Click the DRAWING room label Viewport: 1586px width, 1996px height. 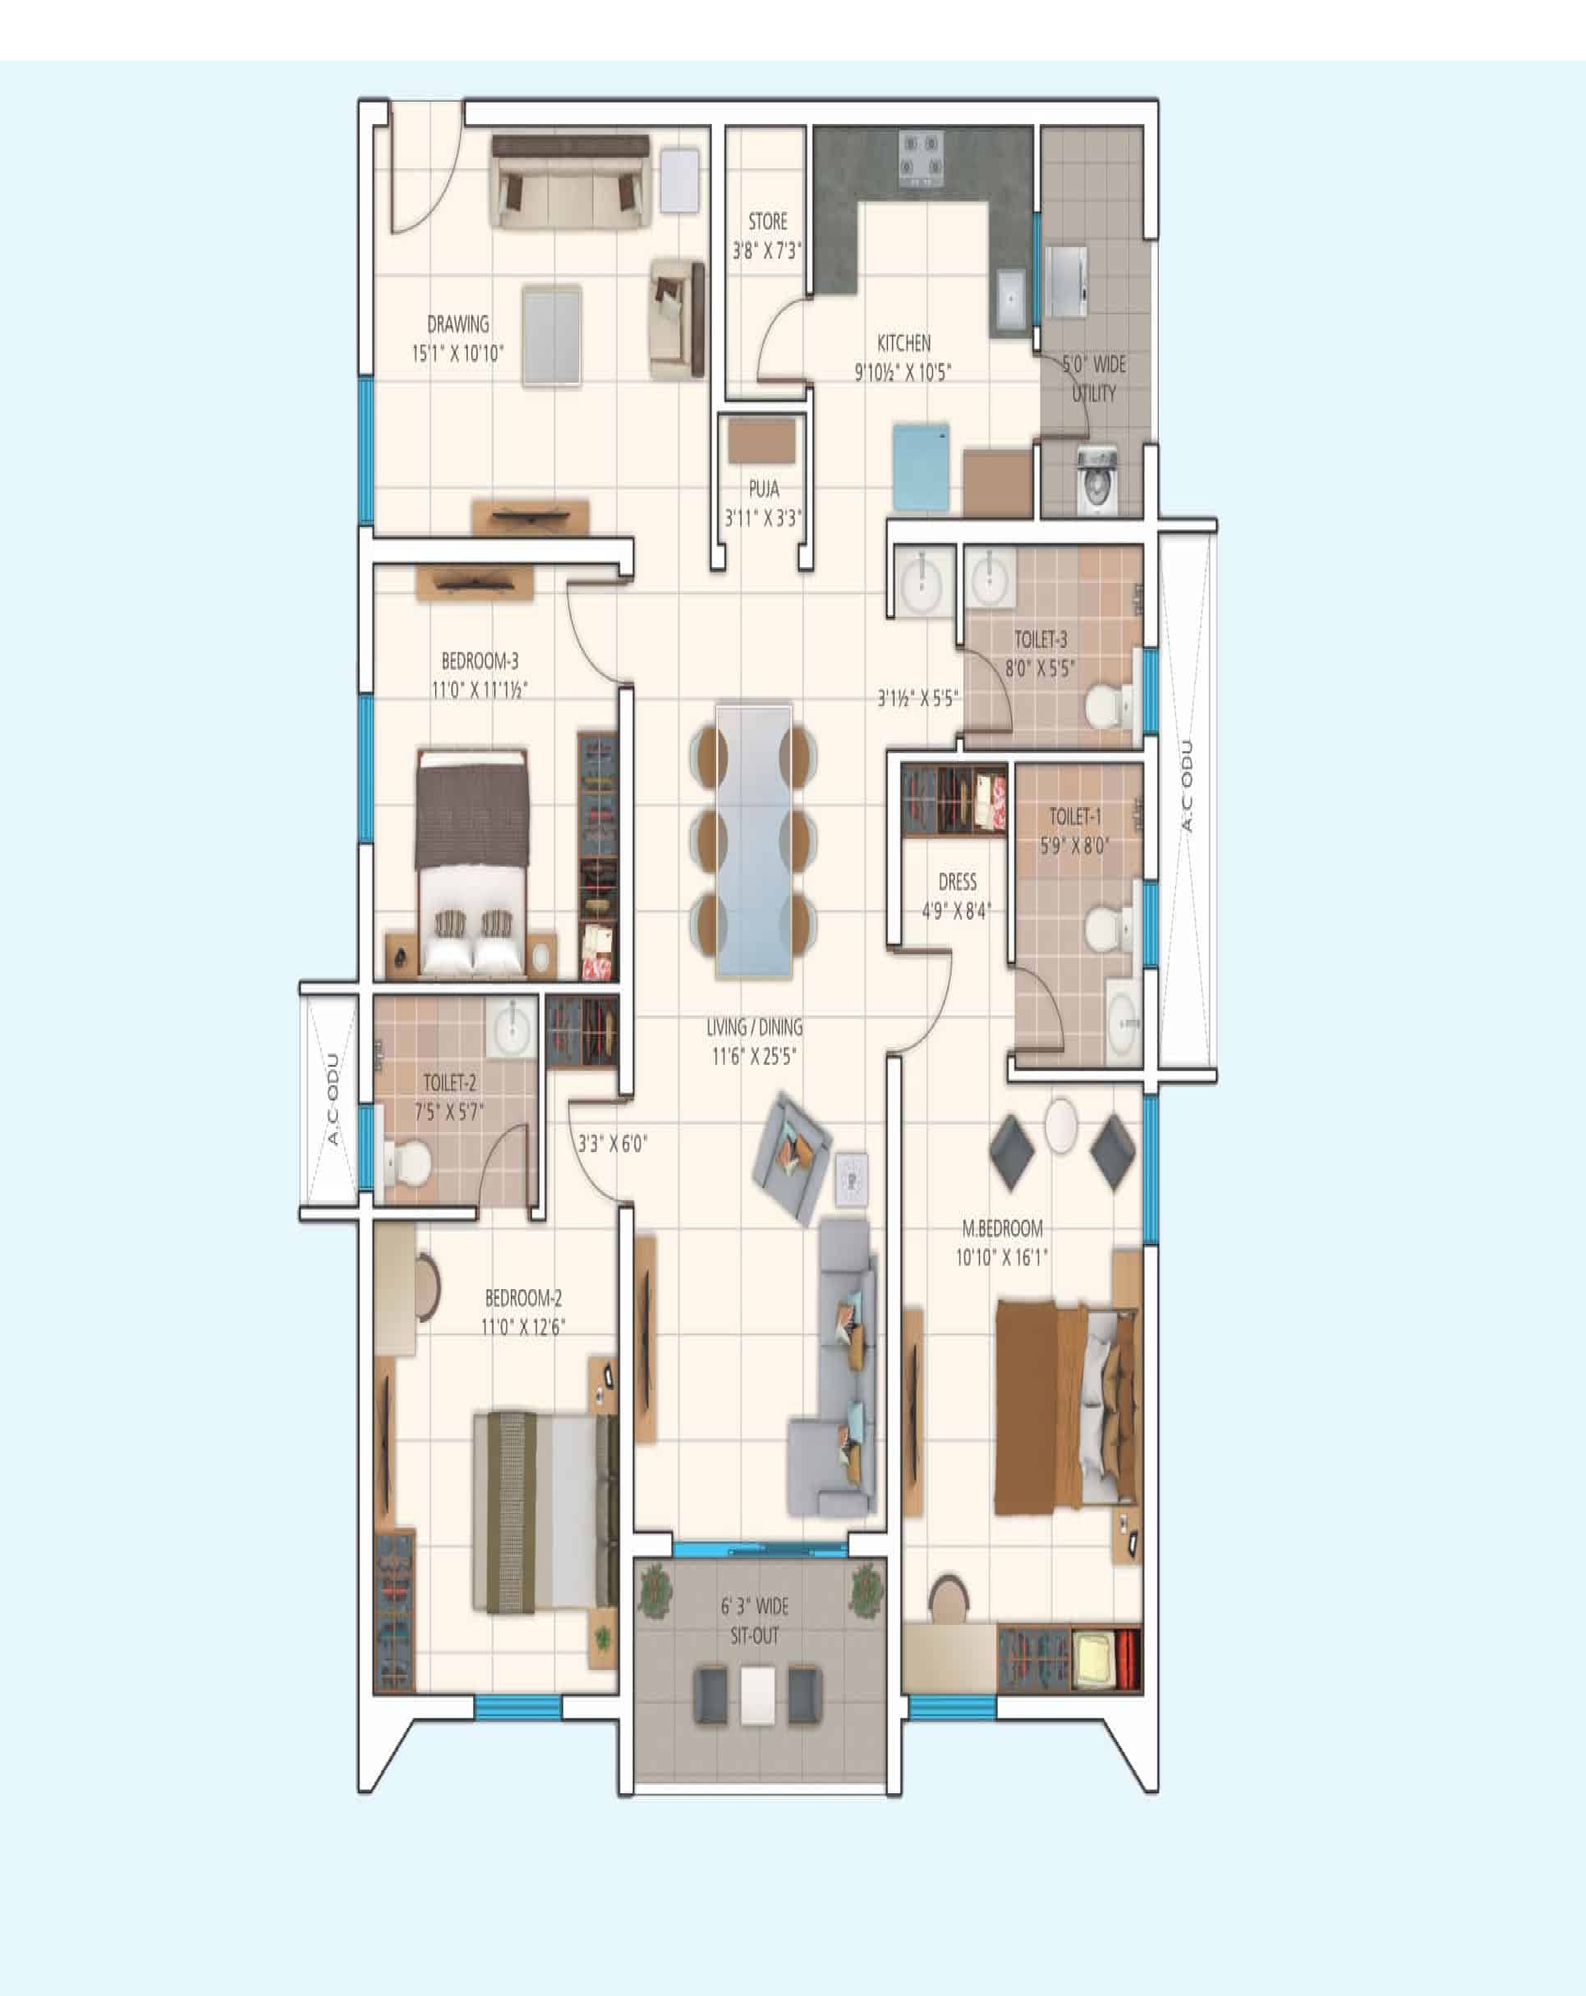click(458, 325)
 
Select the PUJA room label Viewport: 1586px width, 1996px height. click(764, 489)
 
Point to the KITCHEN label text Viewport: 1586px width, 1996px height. click(903, 343)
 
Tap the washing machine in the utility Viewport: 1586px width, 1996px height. click(1097, 480)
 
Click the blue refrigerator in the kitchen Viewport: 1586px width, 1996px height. click(922, 467)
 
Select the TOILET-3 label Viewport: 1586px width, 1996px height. click(1041, 640)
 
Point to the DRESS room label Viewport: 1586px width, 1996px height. click(958, 883)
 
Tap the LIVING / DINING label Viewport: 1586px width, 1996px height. click(755, 1026)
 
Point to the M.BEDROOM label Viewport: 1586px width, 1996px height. click(1003, 1228)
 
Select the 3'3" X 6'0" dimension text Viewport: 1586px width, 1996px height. click(612, 1144)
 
